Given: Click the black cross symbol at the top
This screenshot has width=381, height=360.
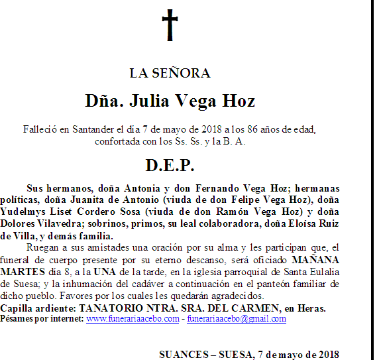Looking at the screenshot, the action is click(x=170, y=25).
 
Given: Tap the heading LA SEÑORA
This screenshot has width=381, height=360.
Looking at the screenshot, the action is click(x=170, y=73).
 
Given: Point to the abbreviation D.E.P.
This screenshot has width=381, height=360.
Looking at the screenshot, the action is click(x=170, y=165).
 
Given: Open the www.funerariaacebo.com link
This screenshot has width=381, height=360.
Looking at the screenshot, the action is click(x=132, y=319).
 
